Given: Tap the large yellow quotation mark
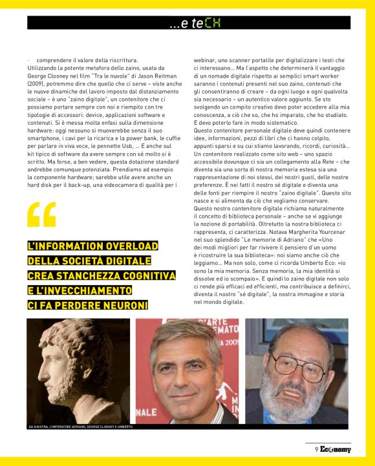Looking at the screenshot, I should point(42,215).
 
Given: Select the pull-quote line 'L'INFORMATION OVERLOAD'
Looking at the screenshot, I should point(92,246).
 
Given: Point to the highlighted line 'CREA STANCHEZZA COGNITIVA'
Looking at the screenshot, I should point(102,275).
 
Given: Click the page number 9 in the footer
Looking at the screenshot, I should point(316,449).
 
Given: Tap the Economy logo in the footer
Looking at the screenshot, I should point(335,449).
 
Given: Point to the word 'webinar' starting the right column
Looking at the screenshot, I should point(206,59).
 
